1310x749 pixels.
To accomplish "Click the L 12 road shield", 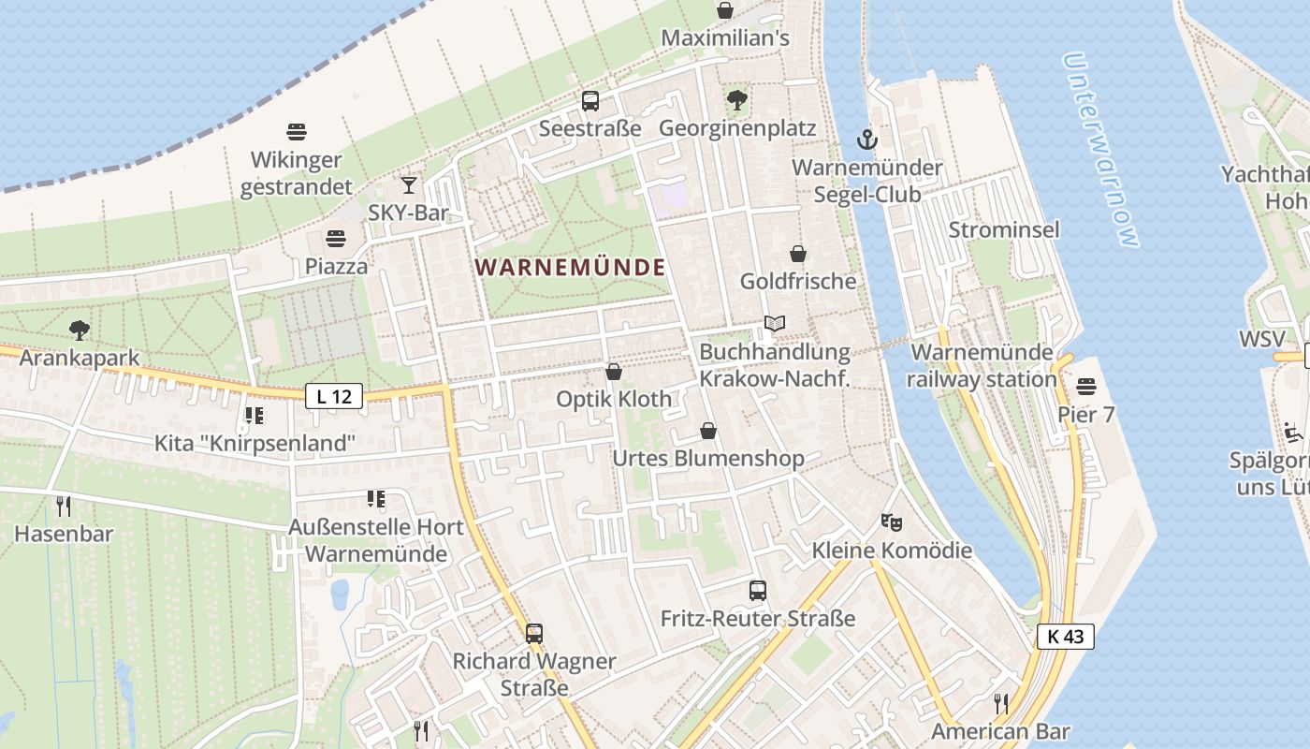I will pos(333,396).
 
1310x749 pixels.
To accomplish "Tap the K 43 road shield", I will pos(1065,637).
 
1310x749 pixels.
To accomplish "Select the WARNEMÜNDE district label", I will pos(570,268).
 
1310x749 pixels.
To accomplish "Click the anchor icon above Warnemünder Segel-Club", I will pos(867,140).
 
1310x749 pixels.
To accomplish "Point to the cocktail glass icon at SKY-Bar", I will pos(408,184).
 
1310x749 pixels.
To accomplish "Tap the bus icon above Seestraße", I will pos(589,101).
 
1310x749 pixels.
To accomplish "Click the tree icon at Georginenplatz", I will pos(736,99).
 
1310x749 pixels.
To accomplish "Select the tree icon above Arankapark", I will pos(80,330).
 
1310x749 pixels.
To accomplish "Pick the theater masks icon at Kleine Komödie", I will pos(891,521).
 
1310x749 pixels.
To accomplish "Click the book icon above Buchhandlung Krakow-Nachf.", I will pos(774,324).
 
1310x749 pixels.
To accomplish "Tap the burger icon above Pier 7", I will pos(1085,386).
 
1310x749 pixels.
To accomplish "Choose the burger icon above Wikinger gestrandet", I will pos(297,132).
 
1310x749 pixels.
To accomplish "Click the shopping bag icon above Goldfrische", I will pos(798,253).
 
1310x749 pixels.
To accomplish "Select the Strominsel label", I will pos(1004,230).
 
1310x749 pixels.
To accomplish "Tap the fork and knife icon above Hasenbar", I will pos(64,507).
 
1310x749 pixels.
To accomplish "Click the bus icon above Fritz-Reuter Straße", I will pos(758,591).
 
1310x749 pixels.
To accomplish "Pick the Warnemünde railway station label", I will pos(982,366).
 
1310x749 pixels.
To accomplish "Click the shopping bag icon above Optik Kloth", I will pos(614,372).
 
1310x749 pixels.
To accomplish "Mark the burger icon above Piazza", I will pos(336,239).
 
